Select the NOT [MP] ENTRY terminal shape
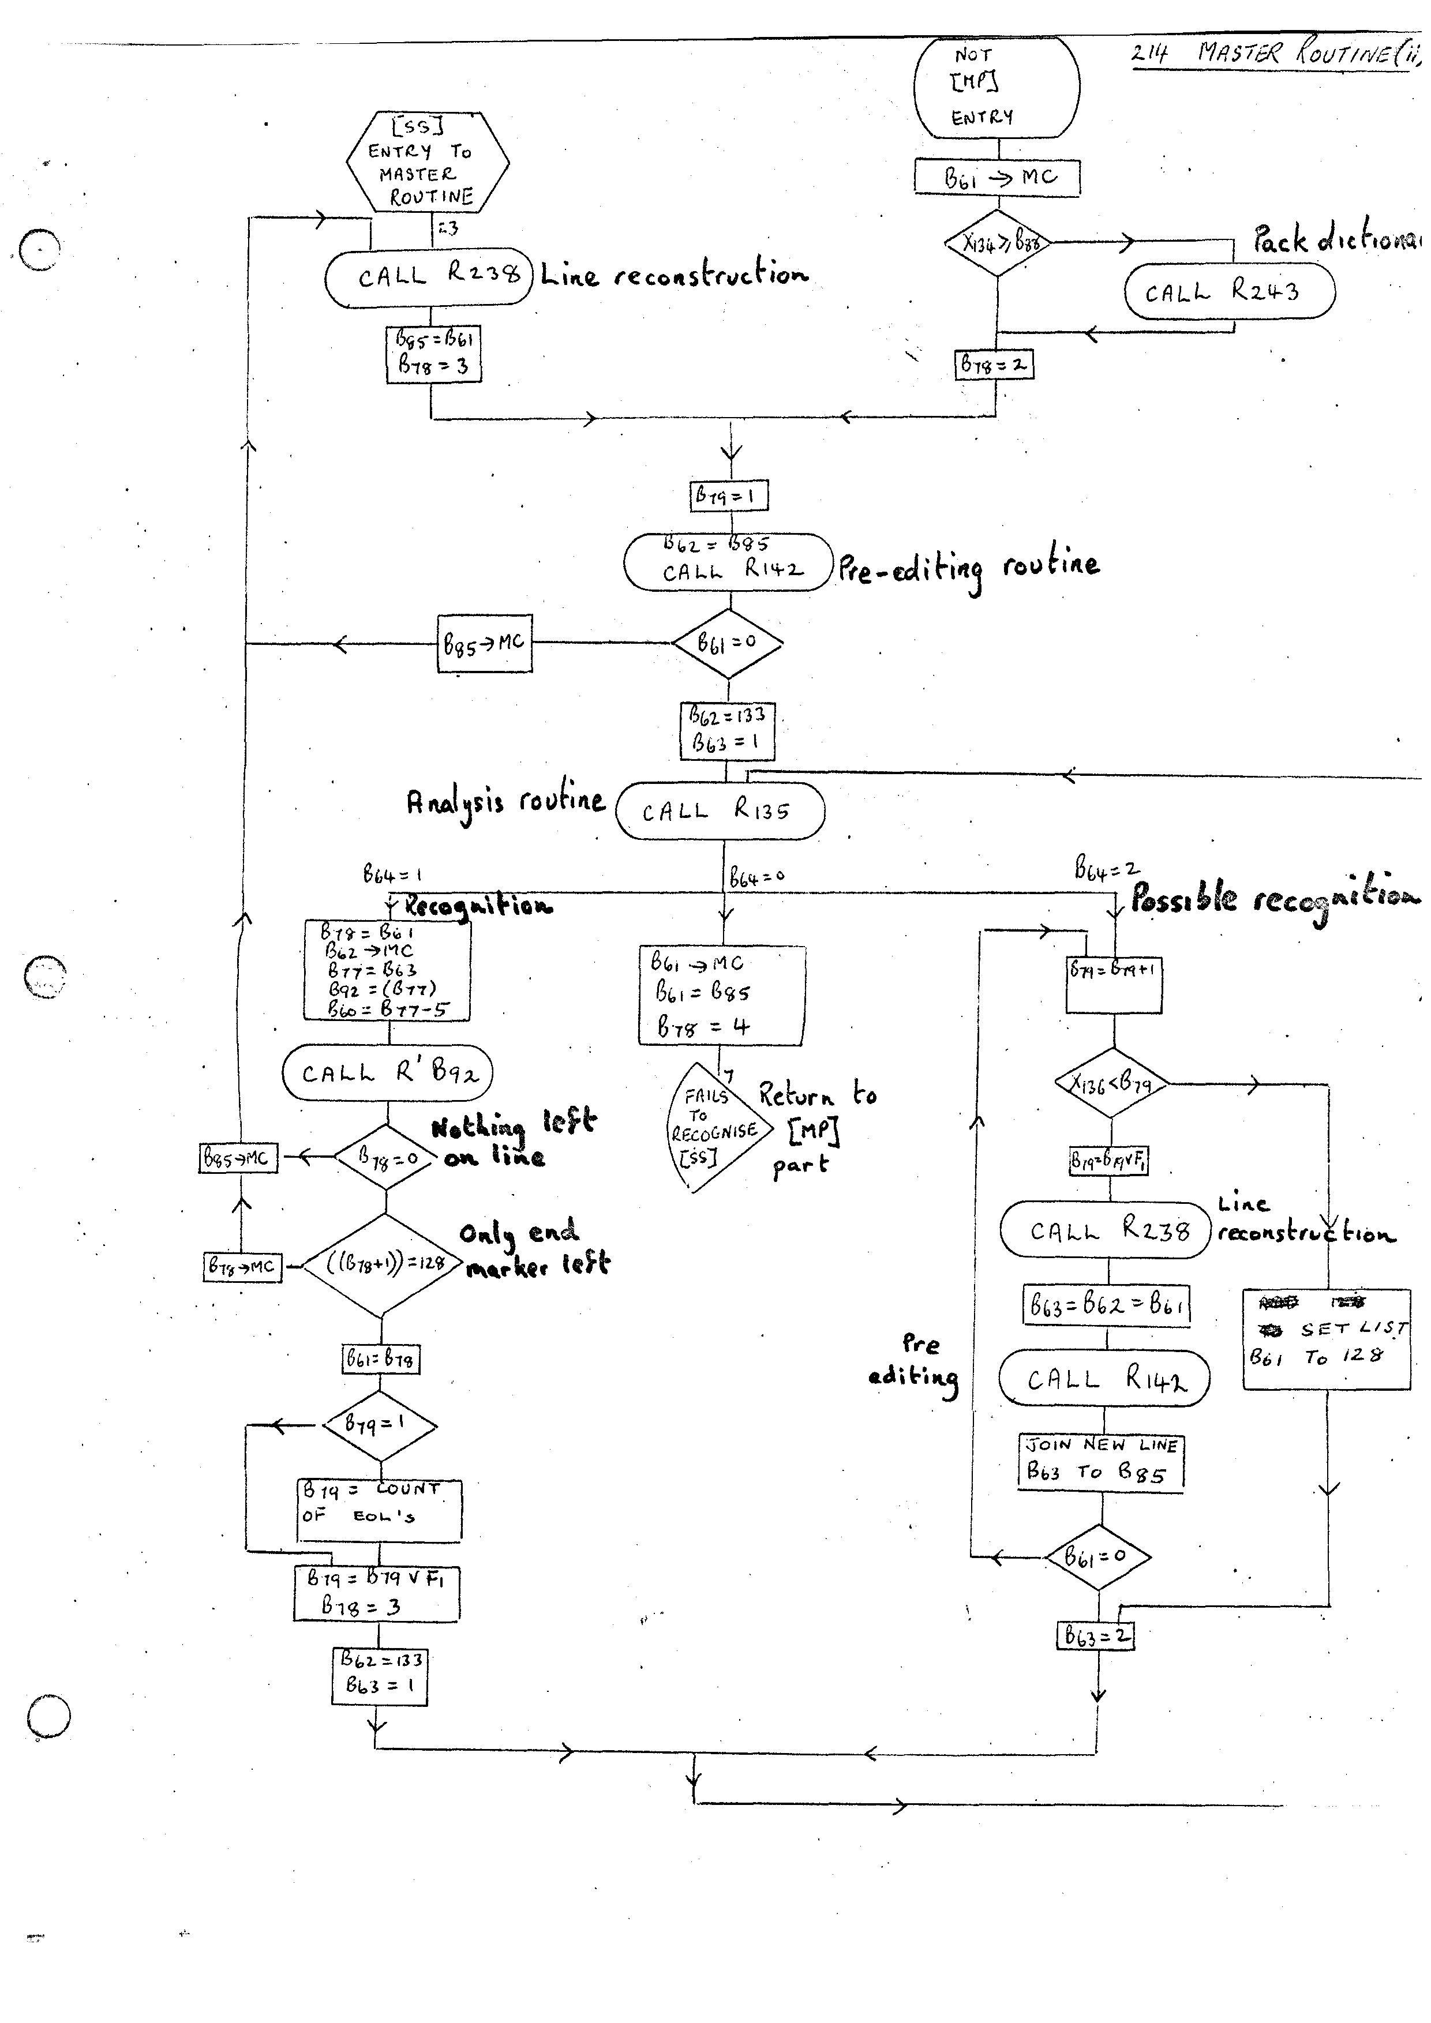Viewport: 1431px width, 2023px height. coord(997,87)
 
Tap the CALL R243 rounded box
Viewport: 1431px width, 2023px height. coord(1229,292)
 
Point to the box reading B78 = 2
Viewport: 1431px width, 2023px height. coord(994,365)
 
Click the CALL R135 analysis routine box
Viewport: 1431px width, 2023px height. coord(720,810)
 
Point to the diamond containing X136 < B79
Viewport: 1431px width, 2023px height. coord(1112,1083)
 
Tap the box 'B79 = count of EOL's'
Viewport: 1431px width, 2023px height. coord(379,1510)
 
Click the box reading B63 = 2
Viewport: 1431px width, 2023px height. coord(1095,1636)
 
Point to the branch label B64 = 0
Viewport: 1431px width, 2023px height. coord(756,877)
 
